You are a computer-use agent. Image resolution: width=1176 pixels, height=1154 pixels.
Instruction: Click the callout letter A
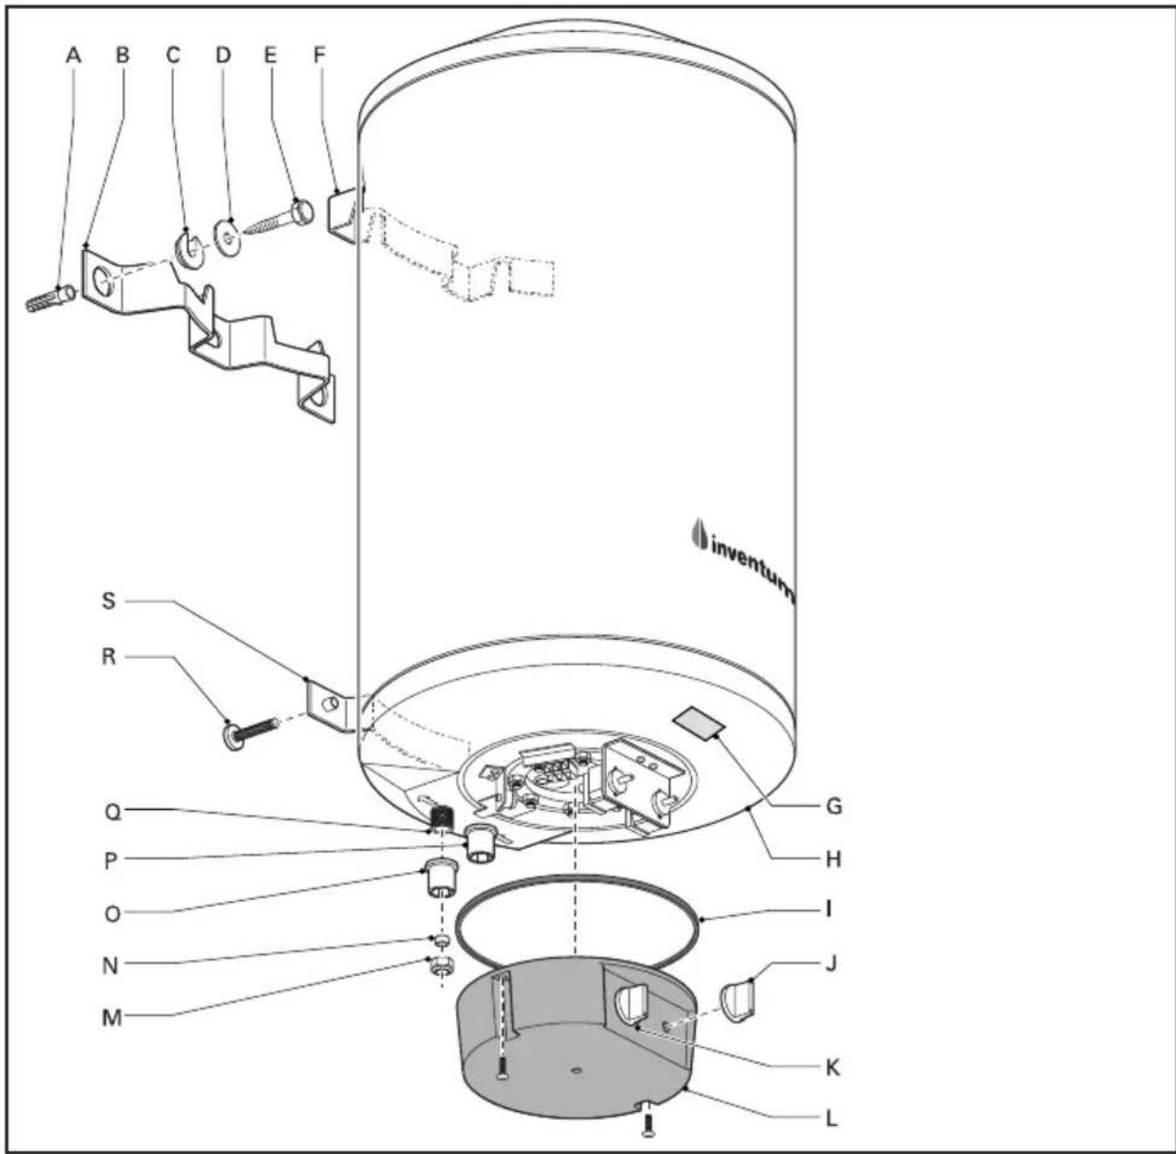(x=74, y=55)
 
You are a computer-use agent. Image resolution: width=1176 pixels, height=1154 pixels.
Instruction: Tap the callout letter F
(x=319, y=55)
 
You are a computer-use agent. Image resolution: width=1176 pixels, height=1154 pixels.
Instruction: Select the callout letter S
(x=108, y=600)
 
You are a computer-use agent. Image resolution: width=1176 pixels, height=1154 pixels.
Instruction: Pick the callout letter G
(x=833, y=806)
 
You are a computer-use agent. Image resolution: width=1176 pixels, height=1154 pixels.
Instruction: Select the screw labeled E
(x=279, y=218)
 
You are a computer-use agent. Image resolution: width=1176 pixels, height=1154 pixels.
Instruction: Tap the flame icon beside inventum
(x=698, y=536)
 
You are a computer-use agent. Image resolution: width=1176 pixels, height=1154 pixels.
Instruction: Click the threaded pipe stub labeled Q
(x=439, y=817)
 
